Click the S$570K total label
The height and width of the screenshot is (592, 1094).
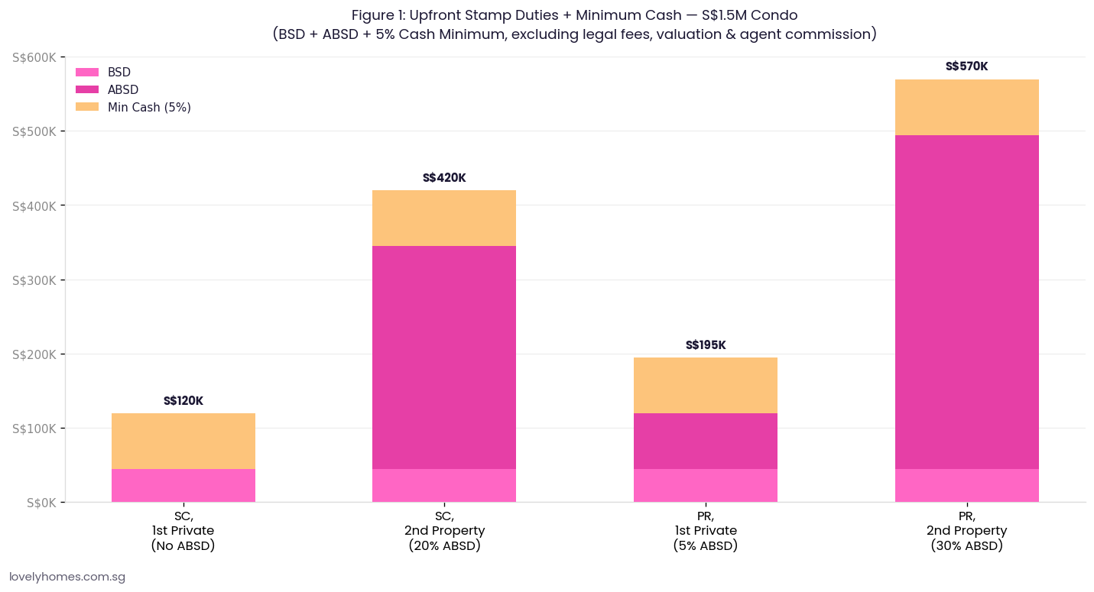pos(966,66)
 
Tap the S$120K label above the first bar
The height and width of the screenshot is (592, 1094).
pos(183,401)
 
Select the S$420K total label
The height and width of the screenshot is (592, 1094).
pos(444,178)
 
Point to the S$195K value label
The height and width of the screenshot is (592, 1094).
pos(706,345)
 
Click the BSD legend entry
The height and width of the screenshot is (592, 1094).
pos(118,72)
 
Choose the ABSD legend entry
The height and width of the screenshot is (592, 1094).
pos(122,89)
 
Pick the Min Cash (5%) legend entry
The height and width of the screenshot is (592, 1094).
pos(148,107)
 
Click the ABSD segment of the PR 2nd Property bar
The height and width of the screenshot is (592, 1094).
pos(966,302)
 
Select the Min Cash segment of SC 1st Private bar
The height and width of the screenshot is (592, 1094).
pos(183,441)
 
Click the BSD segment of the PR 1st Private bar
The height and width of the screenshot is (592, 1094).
pos(706,485)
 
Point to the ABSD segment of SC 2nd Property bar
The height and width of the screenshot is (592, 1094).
pos(444,357)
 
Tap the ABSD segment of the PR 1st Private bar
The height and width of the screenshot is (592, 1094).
pos(706,441)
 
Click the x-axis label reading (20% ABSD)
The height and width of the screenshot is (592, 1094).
pos(444,546)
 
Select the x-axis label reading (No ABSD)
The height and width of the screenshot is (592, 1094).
pos(183,546)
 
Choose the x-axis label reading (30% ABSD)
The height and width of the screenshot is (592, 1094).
pos(966,546)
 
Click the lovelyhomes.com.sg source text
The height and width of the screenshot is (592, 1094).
pos(67,577)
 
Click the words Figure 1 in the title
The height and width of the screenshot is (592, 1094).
pos(381,15)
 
